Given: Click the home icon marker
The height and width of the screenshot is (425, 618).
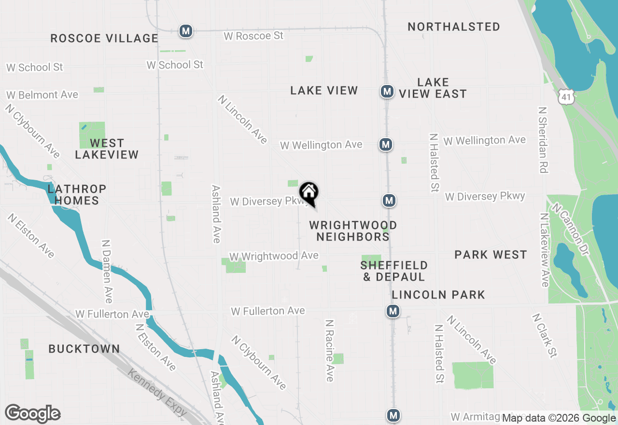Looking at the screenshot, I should (309, 193).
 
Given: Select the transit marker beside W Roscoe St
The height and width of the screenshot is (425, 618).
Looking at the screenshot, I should (185, 31).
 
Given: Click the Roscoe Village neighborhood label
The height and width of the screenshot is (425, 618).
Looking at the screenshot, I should (104, 38).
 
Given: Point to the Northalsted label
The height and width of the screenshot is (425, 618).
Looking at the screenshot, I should (454, 27).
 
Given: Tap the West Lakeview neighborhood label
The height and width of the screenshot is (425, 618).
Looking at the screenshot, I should (107, 149).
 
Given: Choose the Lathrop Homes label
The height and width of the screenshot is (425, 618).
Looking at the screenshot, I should (77, 195).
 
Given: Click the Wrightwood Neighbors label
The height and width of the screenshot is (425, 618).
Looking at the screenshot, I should (353, 231).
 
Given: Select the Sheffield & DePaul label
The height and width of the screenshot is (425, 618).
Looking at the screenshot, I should (394, 271).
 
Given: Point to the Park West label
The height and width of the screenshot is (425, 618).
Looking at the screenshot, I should (491, 255).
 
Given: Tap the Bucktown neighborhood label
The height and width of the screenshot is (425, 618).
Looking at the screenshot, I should (84, 349).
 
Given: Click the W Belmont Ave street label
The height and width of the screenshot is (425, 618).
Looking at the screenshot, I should (42, 95).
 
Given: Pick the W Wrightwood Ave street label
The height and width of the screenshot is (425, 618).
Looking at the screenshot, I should (274, 255).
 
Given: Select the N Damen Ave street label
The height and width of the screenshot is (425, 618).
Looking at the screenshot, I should (107, 271).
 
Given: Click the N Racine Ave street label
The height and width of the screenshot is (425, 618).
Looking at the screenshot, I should (330, 350).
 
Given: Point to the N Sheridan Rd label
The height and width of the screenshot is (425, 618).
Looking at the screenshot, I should (543, 140).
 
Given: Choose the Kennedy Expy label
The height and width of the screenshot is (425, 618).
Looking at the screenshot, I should (157, 392).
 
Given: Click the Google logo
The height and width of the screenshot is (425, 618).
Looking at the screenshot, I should (32, 414).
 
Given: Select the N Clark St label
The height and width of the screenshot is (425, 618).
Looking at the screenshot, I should (545, 336).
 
